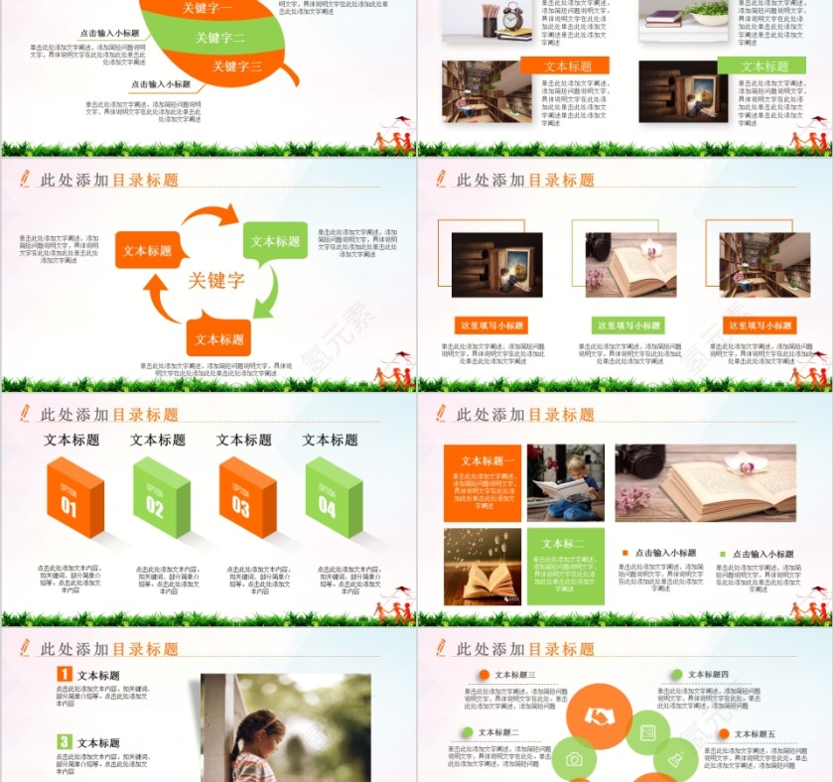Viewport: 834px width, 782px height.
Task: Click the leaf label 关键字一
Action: pos(208,8)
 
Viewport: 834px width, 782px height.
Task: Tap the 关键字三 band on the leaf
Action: pos(236,66)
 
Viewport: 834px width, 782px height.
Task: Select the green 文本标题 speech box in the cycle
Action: pos(275,241)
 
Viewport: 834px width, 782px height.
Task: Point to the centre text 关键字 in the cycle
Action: pos(216,281)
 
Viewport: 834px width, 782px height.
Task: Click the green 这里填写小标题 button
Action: pos(627,326)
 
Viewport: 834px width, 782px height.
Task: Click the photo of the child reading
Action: pos(565,482)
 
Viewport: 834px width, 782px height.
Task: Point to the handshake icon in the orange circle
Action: pos(600,716)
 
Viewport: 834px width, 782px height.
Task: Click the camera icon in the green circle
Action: pos(574,759)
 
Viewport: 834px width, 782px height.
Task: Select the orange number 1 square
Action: pos(65,675)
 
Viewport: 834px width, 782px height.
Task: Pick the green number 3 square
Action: pos(65,741)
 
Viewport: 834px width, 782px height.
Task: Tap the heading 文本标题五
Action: pos(752,734)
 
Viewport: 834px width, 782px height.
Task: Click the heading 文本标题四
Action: pos(708,675)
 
